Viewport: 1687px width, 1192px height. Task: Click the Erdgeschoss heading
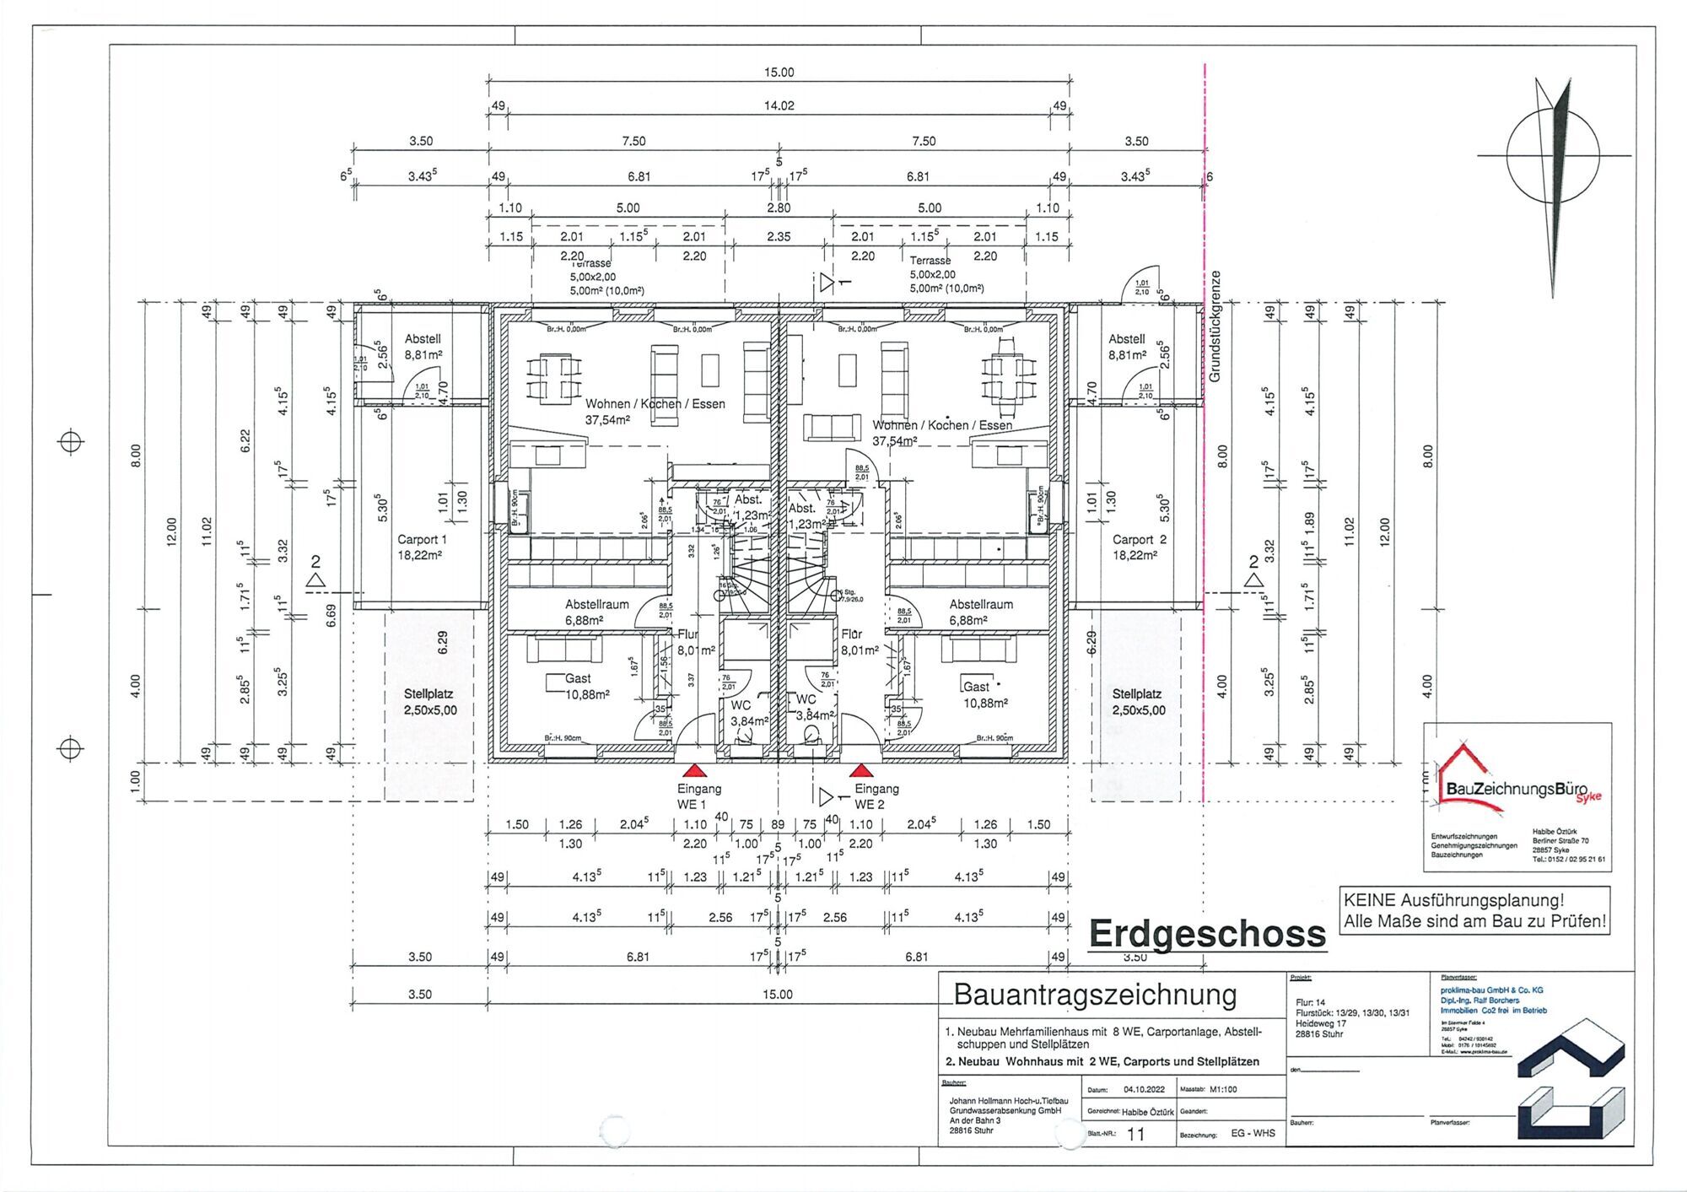[1207, 934]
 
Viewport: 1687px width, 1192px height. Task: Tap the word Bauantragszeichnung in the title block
[1095, 995]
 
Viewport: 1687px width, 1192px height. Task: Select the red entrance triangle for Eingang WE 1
[693, 770]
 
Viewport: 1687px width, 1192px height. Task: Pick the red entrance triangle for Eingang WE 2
[860, 770]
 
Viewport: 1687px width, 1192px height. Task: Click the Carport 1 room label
[422, 547]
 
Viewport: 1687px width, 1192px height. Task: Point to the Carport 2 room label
[1139, 547]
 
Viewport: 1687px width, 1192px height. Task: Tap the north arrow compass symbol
[1553, 157]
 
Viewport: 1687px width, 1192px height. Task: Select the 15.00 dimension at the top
[779, 73]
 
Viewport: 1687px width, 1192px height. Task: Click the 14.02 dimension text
[779, 106]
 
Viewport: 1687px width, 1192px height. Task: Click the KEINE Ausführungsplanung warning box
[1474, 911]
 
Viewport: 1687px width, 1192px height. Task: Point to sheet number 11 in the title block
[1136, 1135]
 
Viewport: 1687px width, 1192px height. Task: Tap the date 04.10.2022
[1143, 1089]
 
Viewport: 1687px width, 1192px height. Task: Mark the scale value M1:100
[1222, 1089]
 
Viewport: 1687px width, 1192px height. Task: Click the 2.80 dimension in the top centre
[779, 208]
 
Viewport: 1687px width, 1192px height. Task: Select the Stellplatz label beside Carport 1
[429, 702]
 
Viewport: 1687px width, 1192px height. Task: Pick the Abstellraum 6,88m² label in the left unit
[596, 612]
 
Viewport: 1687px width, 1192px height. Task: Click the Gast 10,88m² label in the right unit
[983, 694]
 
